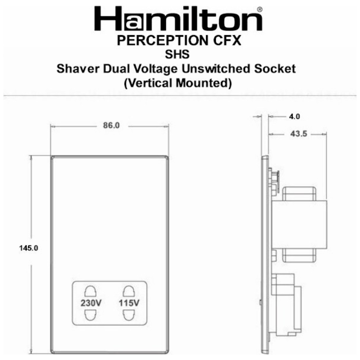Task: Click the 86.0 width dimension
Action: pos(111,126)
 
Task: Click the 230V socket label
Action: pos(90,302)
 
